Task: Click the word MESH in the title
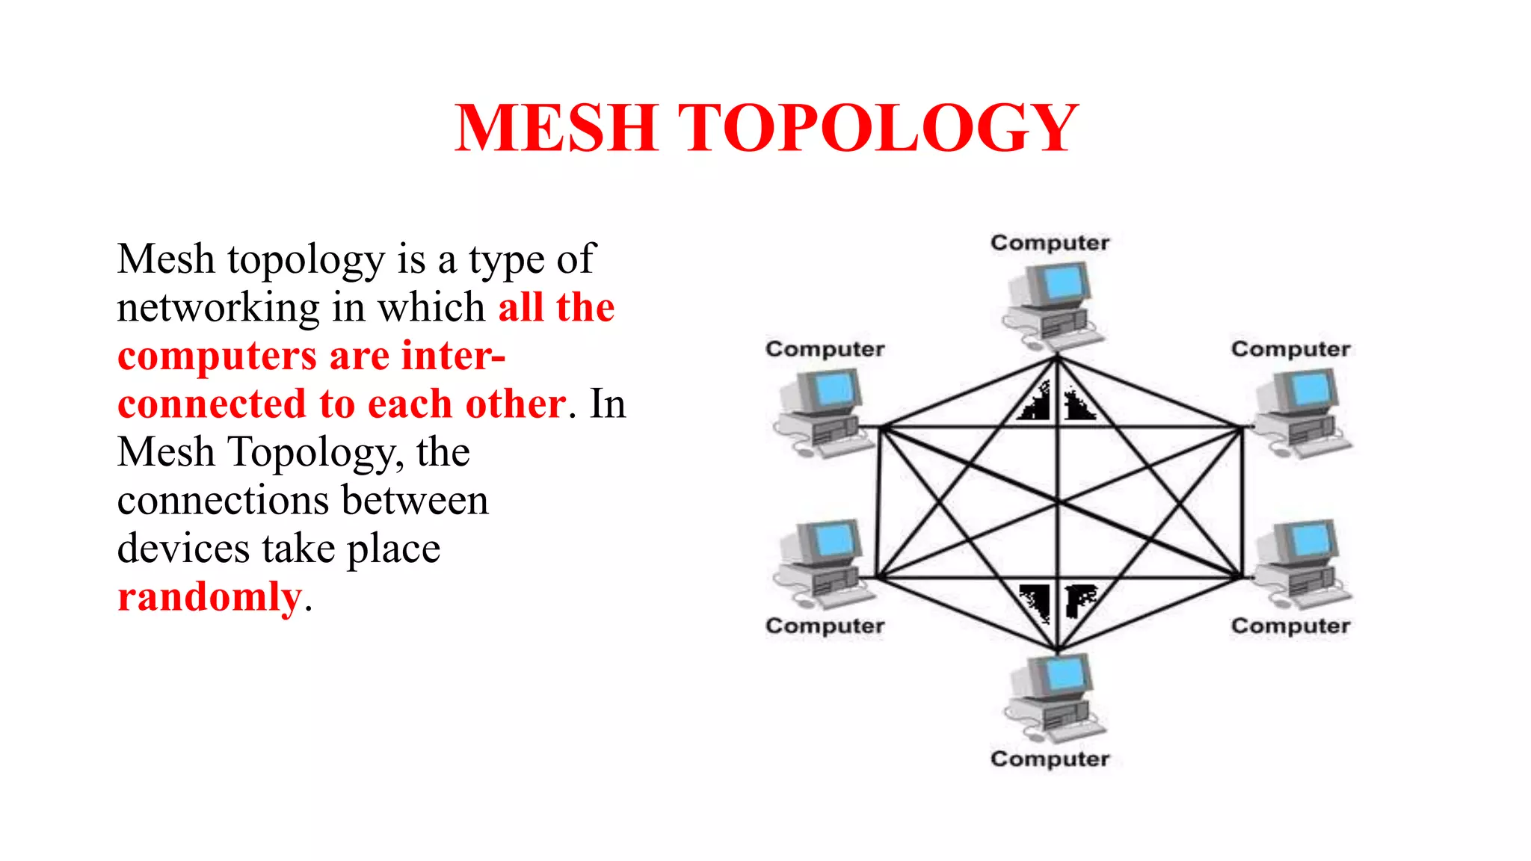[x=556, y=128]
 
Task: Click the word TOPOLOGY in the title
[x=878, y=128]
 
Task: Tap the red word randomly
[x=209, y=596]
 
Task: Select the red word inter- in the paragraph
[x=453, y=355]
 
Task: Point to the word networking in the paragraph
[x=218, y=307]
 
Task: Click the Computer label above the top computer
[x=1050, y=243]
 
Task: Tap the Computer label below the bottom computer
[x=1050, y=759]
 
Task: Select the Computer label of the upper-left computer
[x=825, y=349]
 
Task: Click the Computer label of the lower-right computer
[x=1290, y=626]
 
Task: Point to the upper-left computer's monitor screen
[x=834, y=389]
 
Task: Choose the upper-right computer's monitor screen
[x=1310, y=389]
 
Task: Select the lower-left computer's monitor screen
[x=834, y=538]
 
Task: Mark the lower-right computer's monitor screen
[x=1310, y=538]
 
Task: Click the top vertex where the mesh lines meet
[x=1057, y=359]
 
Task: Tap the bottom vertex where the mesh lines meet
[x=1057, y=649]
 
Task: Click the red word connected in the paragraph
[x=212, y=404]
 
